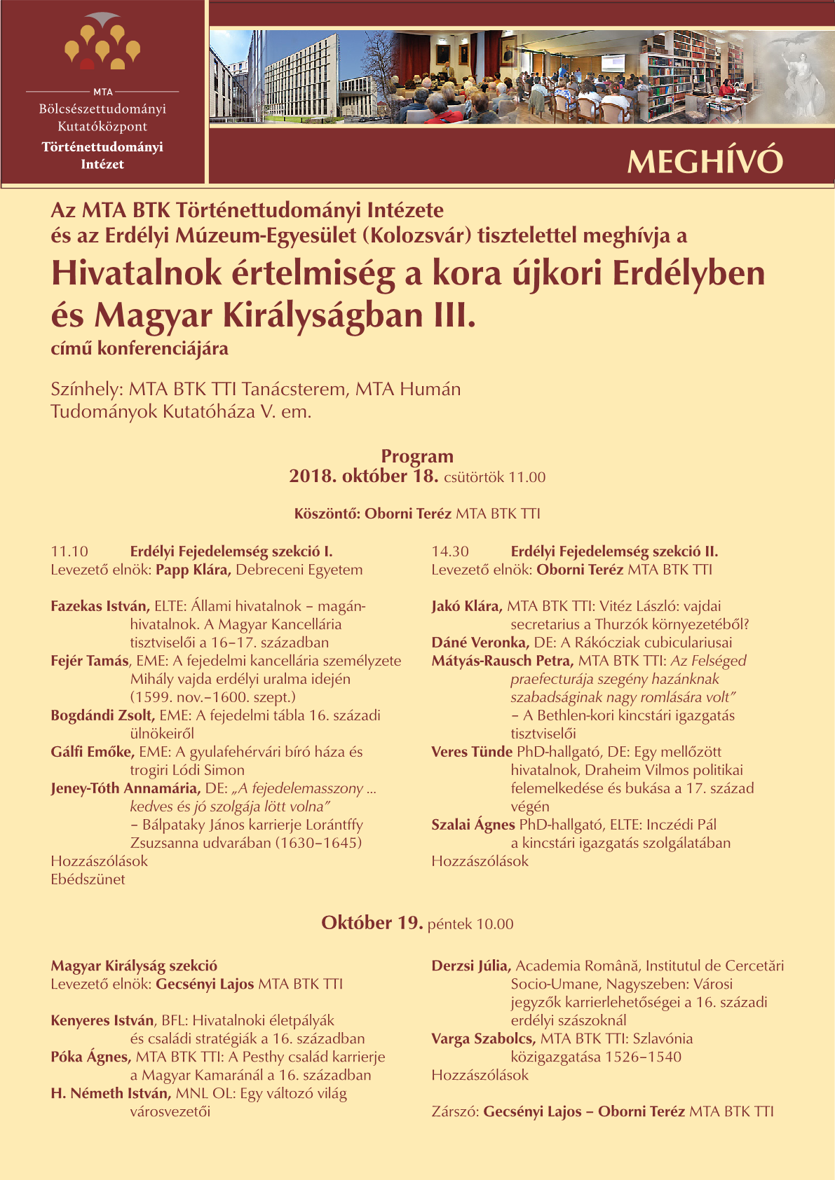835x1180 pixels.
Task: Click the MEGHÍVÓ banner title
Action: pyautogui.click(x=704, y=162)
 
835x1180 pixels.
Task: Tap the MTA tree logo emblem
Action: pyautogui.click(x=102, y=43)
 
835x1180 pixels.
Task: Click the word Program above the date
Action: pyautogui.click(x=417, y=456)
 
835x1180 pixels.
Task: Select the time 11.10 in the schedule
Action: pyautogui.click(x=69, y=551)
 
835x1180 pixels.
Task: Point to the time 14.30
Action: pyautogui.click(x=450, y=551)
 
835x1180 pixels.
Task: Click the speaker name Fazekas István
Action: pyautogui.click(x=100, y=606)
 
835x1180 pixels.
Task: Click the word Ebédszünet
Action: pyautogui.click(x=88, y=879)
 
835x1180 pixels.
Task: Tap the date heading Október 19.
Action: pyautogui.click(x=372, y=923)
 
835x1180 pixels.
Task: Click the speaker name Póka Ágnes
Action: pyautogui.click(x=90, y=1057)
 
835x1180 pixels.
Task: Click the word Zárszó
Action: pyautogui.click(x=455, y=1111)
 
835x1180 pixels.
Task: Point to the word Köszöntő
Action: pyautogui.click(x=326, y=514)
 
